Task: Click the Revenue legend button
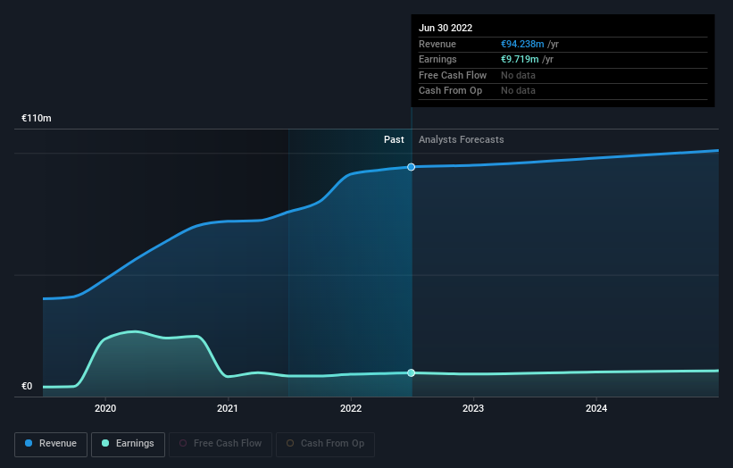(x=51, y=444)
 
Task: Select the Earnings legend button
(x=128, y=444)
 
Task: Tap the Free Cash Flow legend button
(x=221, y=444)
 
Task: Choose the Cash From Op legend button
(x=325, y=444)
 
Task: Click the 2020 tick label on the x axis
(x=105, y=409)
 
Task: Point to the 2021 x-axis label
(x=228, y=409)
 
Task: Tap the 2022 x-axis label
(x=351, y=409)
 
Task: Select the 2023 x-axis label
(x=473, y=409)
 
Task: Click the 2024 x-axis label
(x=596, y=409)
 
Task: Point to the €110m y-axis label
(x=37, y=119)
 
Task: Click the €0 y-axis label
(x=27, y=387)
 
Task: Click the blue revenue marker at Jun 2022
(x=412, y=167)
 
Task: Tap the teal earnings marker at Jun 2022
(x=412, y=372)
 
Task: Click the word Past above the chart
(x=394, y=140)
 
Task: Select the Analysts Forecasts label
(x=461, y=140)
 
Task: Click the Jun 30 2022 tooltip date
(x=446, y=29)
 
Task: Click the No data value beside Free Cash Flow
(x=518, y=76)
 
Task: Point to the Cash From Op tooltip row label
(x=450, y=91)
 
